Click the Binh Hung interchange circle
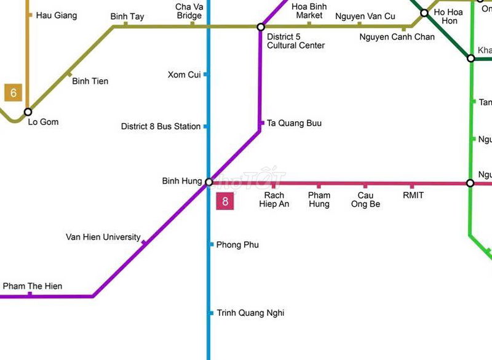[x=209, y=182]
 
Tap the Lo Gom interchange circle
[x=28, y=112]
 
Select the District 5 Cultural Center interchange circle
[x=261, y=27]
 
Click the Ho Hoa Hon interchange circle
[x=424, y=13]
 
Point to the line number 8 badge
[x=225, y=201]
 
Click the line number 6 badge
[x=13, y=93]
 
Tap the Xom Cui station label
[x=184, y=74]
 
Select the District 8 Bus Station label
[x=161, y=126]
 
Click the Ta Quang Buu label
[x=294, y=123]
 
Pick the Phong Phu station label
[x=237, y=245]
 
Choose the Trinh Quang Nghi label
[x=250, y=313]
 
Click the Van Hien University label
[x=103, y=237]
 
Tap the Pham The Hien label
[x=32, y=286]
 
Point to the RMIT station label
[x=413, y=196]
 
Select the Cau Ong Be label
[x=365, y=200]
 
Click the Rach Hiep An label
[x=274, y=200]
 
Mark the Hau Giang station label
[x=57, y=15]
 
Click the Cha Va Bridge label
[x=189, y=11]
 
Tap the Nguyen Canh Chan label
[x=397, y=37]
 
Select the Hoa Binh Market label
[x=309, y=11]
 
